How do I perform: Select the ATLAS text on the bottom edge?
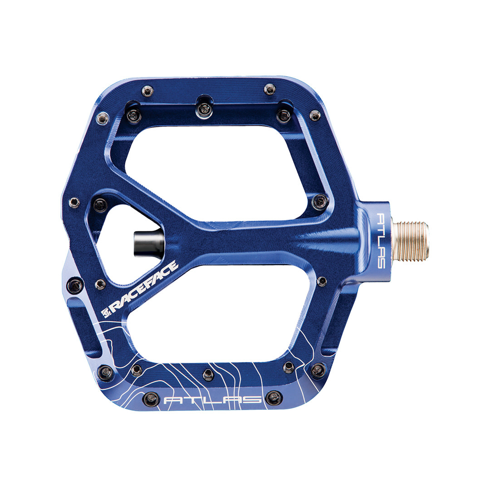[212, 400]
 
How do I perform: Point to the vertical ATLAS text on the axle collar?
[379, 240]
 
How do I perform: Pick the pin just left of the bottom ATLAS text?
[151, 399]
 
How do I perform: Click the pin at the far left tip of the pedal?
[74, 202]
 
